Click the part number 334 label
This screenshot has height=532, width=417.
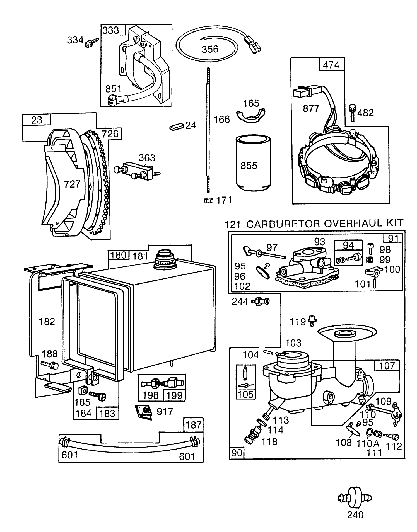75,40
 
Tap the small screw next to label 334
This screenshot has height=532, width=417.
91,42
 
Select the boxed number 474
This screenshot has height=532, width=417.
331,65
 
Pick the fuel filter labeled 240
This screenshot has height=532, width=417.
355,498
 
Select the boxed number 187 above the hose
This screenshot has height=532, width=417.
193,425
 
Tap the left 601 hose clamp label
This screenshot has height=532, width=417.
69,455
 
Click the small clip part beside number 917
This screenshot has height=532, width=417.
144,412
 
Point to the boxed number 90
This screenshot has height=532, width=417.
237,453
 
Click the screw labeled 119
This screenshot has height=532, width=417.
312,321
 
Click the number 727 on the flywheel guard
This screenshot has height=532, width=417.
72,184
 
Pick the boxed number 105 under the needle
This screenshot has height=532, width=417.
246,394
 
